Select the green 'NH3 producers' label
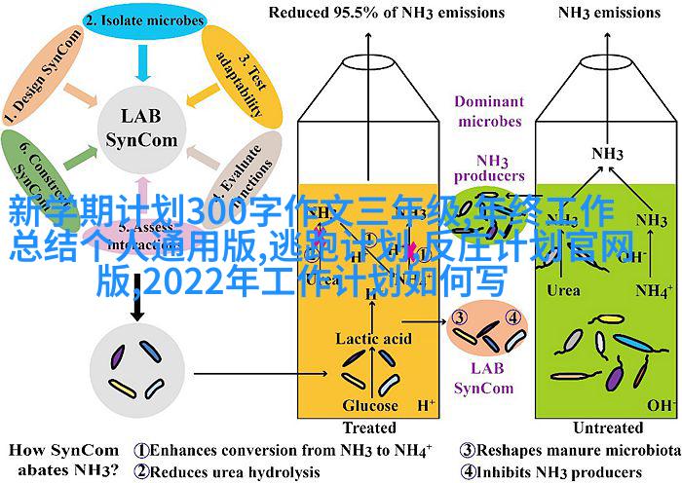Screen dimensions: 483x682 click(x=486, y=167)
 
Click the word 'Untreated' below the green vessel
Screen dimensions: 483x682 click(x=609, y=427)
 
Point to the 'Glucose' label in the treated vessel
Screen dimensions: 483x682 click(x=370, y=405)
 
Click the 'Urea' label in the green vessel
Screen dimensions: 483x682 click(x=563, y=289)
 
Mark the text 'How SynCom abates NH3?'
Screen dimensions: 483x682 click(x=62, y=460)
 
